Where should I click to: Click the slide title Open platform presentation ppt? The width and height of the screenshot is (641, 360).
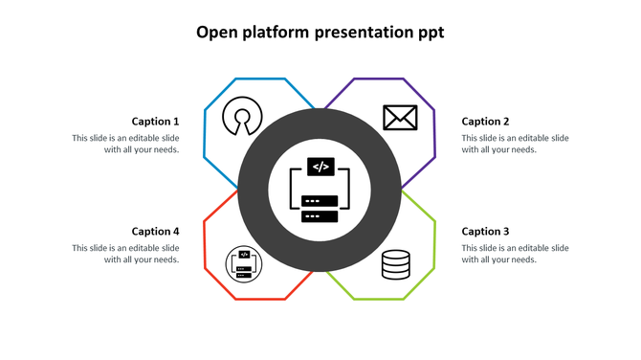point(320,33)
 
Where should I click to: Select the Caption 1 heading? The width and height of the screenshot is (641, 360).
point(155,122)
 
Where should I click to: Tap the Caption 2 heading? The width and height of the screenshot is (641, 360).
point(485,122)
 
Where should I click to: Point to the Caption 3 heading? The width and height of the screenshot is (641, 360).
point(485,232)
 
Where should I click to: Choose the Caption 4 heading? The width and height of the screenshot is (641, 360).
point(155,232)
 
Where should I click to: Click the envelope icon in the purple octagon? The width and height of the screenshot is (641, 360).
point(399,118)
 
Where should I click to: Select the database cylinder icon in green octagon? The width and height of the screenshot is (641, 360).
point(396,264)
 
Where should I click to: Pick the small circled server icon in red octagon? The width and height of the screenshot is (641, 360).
point(243,264)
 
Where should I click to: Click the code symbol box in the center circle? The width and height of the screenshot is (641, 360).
point(320,167)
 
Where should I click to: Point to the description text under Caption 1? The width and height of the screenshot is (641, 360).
point(125,144)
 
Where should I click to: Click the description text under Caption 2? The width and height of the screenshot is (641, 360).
point(515,144)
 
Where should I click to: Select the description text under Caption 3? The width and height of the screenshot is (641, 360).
point(515,254)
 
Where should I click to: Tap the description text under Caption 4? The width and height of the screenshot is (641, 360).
point(125,254)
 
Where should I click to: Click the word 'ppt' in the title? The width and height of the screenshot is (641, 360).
point(430,34)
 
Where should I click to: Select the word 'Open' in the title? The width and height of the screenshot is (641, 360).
point(215,34)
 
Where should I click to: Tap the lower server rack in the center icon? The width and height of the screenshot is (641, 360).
point(320,215)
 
